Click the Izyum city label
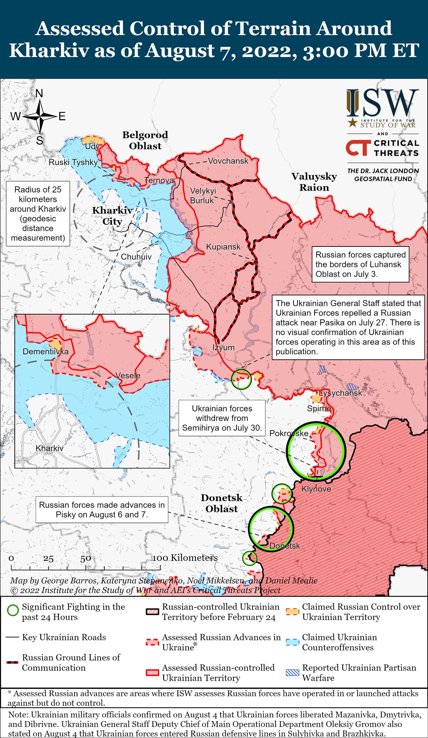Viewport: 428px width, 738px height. tap(223, 347)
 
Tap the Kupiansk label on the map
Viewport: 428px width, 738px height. tap(223, 247)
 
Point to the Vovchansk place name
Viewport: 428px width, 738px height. tap(228, 161)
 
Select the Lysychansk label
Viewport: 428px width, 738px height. tap(340, 393)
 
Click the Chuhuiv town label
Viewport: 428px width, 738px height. tap(136, 257)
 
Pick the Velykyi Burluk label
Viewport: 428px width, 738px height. tap(203, 195)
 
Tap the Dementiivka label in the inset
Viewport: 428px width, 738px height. tap(45, 351)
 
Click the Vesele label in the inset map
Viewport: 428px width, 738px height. tap(128, 375)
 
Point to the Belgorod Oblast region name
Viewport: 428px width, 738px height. tap(145, 140)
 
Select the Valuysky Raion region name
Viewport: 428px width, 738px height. tap(314, 182)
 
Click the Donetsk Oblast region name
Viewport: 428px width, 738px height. tap(222, 503)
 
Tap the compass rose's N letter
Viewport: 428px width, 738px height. tap(39, 94)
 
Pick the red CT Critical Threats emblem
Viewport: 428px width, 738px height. tap(358, 148)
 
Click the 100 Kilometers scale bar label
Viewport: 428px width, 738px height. tap(185, 558)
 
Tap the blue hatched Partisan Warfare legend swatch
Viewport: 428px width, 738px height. tap(292, 672)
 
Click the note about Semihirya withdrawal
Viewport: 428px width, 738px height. tap(222, 418)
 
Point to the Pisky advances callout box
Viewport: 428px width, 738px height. tap(102, 510)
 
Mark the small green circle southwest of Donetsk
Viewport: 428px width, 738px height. tap(249, 558)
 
